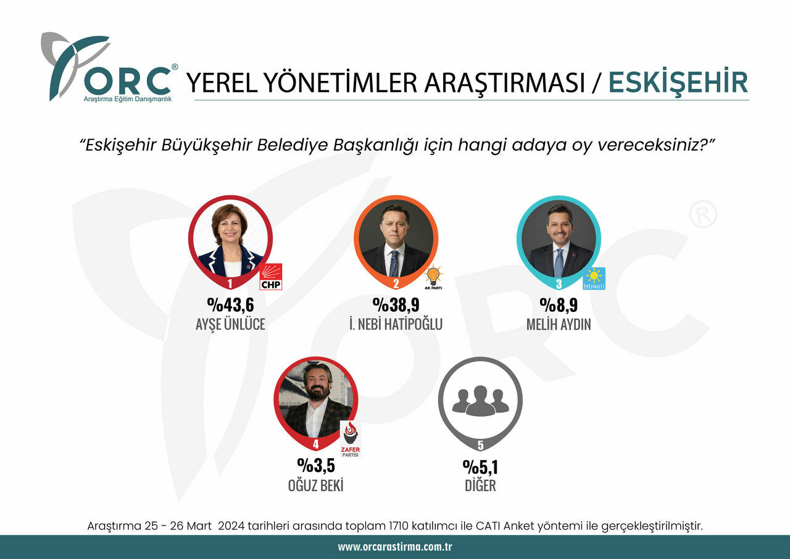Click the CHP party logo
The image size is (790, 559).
[x=270, y=277]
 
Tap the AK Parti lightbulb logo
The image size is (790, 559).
[x=433, y=277]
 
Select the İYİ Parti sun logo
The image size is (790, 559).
[x=594, y=278]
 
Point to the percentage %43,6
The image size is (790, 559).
[x=230, y=305]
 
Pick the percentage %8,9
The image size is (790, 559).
[x=559, y=305]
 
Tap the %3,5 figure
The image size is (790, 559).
[x=315, y=465]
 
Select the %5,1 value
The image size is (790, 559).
[x=480, y=465]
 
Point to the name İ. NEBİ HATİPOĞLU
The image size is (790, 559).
[x=396, y=324]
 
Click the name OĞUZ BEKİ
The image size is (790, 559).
[x=315, y=485]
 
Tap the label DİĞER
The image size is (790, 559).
[x=480, y=485]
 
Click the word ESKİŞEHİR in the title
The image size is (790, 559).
[x=678, y=83]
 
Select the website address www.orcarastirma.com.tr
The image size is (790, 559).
[x=395, y=547]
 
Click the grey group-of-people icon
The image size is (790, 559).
[x=480, y=400]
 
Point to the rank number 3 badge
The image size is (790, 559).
[x=559, y=284]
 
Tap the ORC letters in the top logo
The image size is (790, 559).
[x=126, y=81]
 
